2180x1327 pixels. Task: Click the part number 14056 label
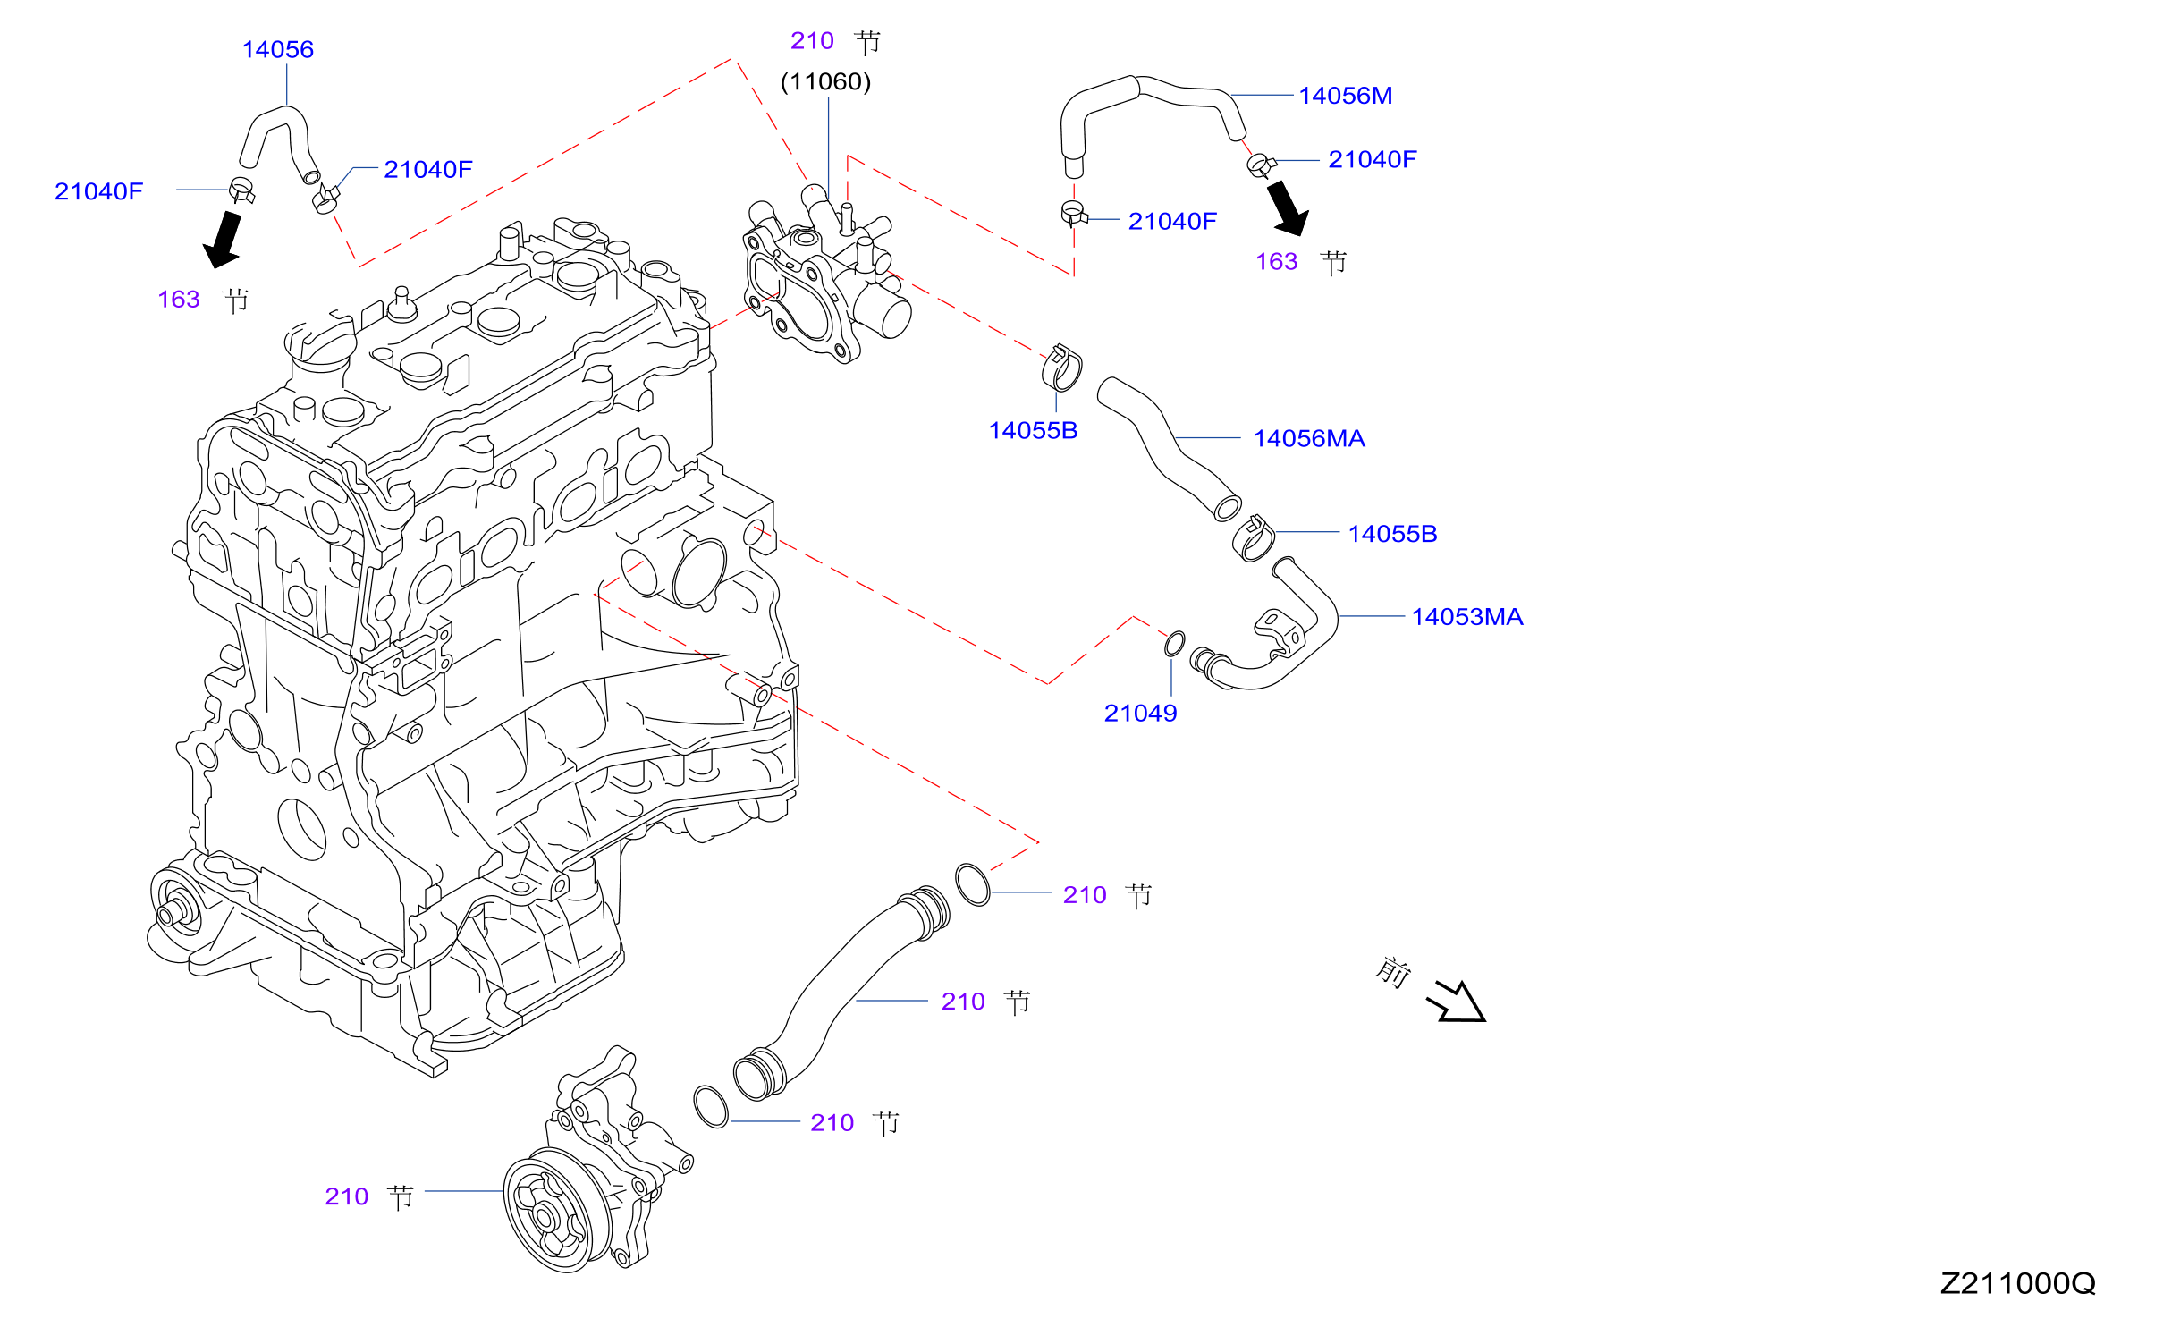(278, 50)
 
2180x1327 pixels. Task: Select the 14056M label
(1345, 96)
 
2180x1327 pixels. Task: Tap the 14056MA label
(1309, 439)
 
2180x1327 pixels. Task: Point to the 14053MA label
(1467, 617)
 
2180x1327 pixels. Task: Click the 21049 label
(1140, 714)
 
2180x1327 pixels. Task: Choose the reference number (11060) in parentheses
(825, 82)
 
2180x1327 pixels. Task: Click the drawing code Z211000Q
(2018, 1284)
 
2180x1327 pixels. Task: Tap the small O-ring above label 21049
(1174, 644)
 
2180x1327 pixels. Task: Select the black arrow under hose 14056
(223, 240)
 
